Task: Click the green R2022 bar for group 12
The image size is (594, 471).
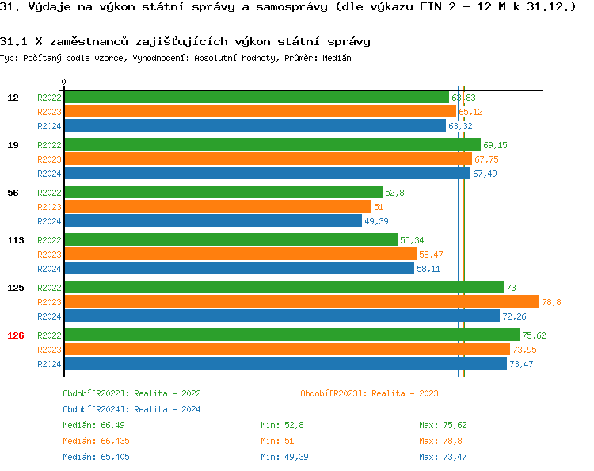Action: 256,98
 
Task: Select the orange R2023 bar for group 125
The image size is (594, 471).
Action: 301,302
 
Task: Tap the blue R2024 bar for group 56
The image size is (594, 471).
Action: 212,221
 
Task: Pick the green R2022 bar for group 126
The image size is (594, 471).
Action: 291,335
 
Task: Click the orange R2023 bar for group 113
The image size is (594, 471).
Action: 240,255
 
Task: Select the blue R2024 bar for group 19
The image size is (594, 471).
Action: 267,174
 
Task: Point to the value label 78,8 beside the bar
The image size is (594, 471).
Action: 551,302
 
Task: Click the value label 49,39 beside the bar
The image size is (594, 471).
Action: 377,221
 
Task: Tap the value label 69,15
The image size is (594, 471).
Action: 495,145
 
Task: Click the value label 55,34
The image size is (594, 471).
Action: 412,240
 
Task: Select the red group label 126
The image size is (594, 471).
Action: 16,335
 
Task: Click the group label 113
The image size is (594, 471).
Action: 16,240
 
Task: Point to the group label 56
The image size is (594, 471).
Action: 13,193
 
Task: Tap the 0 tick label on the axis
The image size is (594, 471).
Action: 64,82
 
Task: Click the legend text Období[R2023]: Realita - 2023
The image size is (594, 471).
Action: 369,393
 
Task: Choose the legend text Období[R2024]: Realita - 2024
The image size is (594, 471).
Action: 131,409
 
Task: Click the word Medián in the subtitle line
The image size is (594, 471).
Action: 337,59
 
